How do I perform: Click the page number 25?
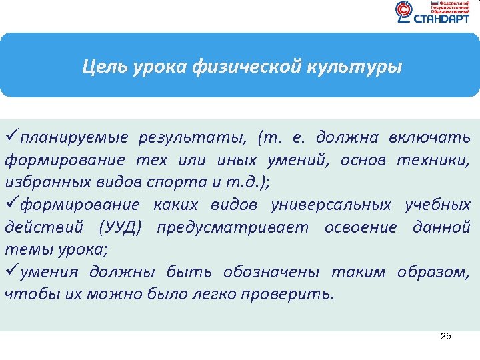tap(446, 337)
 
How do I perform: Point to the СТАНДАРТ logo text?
tap(441, 19)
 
